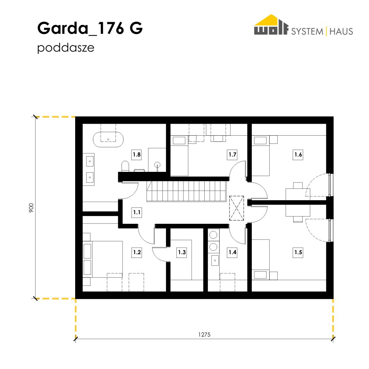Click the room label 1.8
click(137, 155)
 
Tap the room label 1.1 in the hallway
click(137, 212)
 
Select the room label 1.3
click(182, 252)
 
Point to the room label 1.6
click(298, 155)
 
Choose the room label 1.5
click(298, 252)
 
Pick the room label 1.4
click(232, 252)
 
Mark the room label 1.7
click(232, 155)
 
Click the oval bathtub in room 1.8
click(108, 139)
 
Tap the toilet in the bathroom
click(125, 166)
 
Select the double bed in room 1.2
click(103, 259)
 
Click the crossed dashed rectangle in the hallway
click(236, 208)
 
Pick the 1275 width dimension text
click(204, 334)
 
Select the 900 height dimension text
click(31, 208)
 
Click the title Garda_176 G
click(90, 28)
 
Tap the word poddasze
click(66, 48)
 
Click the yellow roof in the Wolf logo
click(271, 20)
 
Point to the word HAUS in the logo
click(341, 31)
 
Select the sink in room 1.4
click(215, 260)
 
